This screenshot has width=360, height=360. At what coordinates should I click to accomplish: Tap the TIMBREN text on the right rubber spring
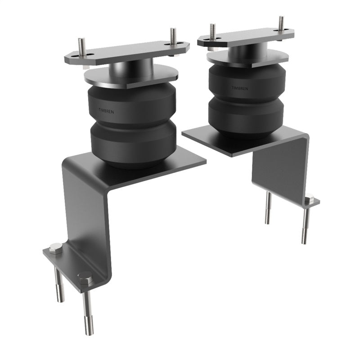(x=240, y=88)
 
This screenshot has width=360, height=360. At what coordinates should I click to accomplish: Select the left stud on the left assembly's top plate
(x=81, y=47)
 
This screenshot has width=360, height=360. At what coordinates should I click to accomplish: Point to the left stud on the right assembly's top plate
(x=212, y=31)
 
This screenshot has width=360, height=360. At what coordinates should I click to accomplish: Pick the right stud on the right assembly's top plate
(x=281, y=23)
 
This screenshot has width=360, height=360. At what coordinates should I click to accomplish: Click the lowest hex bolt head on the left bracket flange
(x=85, y=278)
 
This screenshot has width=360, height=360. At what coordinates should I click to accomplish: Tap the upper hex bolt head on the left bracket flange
(x=56, y=248)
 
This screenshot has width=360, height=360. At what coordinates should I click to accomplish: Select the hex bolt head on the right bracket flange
(x=309, y=198)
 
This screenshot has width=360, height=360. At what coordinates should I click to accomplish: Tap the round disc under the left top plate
(x=130, y=76)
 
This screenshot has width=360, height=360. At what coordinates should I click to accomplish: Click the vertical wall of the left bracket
(x=88, y=211)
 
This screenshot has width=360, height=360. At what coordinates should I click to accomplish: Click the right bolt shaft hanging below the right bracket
(x=306, y=225)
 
